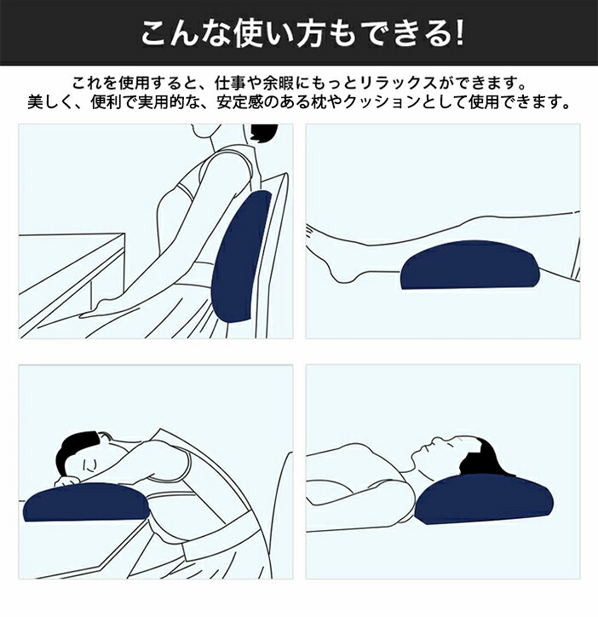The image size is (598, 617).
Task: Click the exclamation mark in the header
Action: coord(459,34)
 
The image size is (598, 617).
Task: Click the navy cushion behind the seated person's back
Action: coord(241,257)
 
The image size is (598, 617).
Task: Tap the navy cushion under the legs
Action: coord(470,265)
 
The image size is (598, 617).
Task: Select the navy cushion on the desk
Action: coord(87,502)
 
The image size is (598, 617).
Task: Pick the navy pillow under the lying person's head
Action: coord(485,499)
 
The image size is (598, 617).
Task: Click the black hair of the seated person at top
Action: coord(263,131)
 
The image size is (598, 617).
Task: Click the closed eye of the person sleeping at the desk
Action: coord(89,465)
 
